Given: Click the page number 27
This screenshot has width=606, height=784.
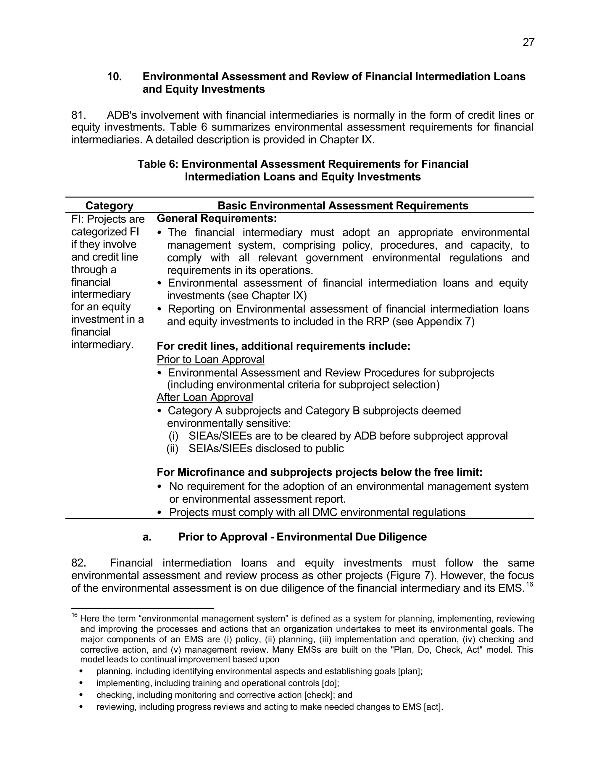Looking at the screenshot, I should pyautogui.click(x=528, y=43).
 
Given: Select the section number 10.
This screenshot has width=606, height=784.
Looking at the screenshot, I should pyautogui.click(x=115, y=76).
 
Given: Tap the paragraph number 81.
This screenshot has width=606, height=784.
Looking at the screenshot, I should pyautogui.click(x=79, y=115).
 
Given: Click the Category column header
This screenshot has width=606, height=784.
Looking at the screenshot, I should pyautogui.click(x=109, y=206).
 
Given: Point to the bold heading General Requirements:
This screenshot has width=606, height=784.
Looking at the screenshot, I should pyautogui.click(x=217, y=218).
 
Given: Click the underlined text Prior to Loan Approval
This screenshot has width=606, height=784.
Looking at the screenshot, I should pyautogui.click(x=210, y=359).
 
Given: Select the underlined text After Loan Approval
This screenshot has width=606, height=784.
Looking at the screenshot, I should pyautogui.click(x=205, y=397).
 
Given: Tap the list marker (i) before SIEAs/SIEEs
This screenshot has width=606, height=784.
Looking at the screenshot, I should pyautogui.click(x=173, y=436).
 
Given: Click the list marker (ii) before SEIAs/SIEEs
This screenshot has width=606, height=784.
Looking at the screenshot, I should pyautogui.click(x=172, y=448).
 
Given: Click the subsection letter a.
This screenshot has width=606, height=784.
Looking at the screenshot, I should pyautogui.click(x=147, y=537).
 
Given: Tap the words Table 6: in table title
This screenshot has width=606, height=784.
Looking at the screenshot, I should pyautogui.click(x=158, y=164).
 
